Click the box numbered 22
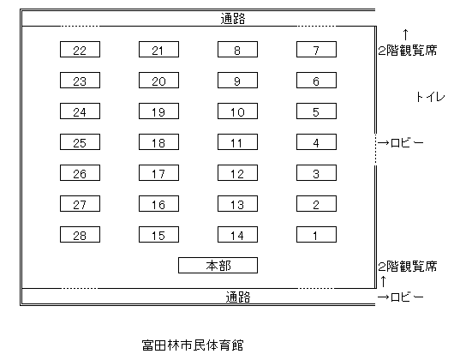(x=80, y=49)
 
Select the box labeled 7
(x=316, y=49)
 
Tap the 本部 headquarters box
(x=218, y=266)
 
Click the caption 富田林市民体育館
(x=193, y=345)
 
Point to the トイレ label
(x=430, y=97)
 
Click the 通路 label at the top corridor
(x=233, y=19)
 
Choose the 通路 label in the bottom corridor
(x=238, y=297)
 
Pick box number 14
(x=238, y=235)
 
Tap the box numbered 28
(x=80, y=235)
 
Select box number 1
(x=316, y=235)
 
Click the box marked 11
(x=238, y=142)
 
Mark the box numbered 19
(x=159, y=111)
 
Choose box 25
(x=80, y=142)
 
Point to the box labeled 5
(x=316, y=111)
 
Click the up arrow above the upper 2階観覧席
(x=406, y=34)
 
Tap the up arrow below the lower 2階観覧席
(x=384, y=281)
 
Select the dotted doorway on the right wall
(x=375, y=149)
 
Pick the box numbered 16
(x=159, y=204)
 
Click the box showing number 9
(x=238, y=81)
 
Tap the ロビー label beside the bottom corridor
(x=407, y=297)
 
